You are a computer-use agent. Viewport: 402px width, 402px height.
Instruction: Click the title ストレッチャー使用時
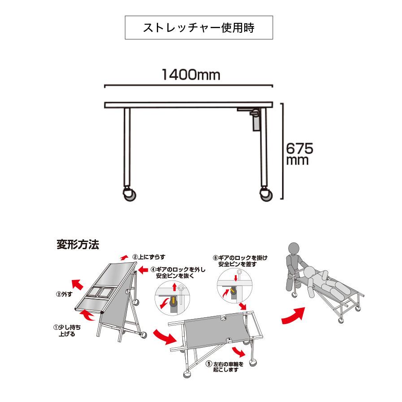tap(199, 28)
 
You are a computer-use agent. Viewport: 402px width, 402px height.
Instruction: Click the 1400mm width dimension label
tap(191, 75)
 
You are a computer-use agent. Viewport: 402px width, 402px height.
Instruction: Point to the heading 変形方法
tap(77, 245)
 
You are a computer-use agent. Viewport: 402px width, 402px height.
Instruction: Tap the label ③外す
tap(63, 294)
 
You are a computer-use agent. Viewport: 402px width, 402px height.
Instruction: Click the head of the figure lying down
tap(310, 272)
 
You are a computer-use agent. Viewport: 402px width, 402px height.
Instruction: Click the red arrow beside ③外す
tap(78, 284)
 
